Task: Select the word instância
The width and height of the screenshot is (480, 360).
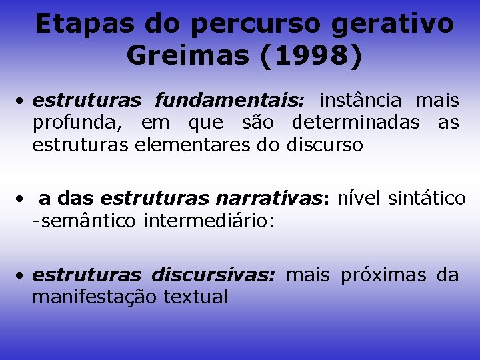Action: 360,101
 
